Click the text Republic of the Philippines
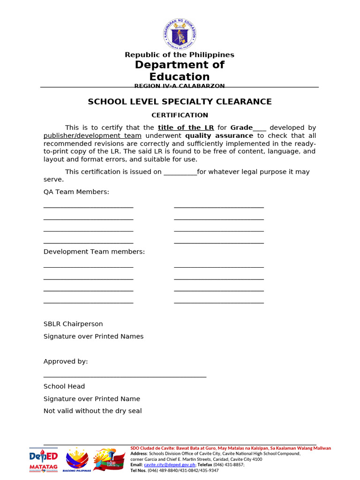(x=180, y=55)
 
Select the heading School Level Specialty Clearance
(x=180, y=102)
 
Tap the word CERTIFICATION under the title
(x=180, y=115)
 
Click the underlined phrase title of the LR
(x=186, y=127)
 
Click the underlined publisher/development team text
(x=92, y=135)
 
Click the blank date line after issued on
(x=180, y=172)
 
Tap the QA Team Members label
(x=76, y=192)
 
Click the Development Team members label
(x=94, y=252)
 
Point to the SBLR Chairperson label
(x=73, y=324)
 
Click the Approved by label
(x=66, y=361)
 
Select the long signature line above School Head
(x=125, y=376)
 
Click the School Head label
(x=64, y=386)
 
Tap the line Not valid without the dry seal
(x=93, y=411)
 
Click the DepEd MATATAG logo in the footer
(x=44, y=460)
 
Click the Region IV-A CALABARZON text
(x=180, y=86)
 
